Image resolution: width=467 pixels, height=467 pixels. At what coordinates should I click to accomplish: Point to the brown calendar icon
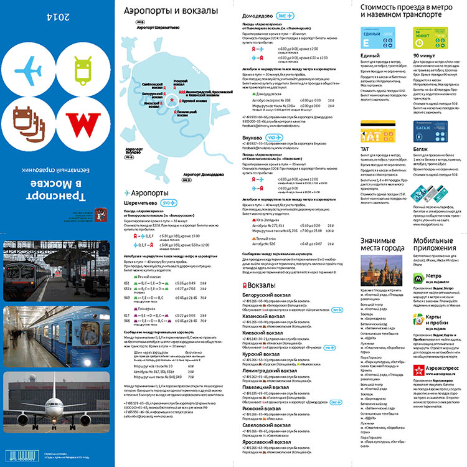(x=29, y=121)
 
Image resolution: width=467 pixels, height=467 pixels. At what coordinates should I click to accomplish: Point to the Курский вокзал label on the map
(x=196, y=100)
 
